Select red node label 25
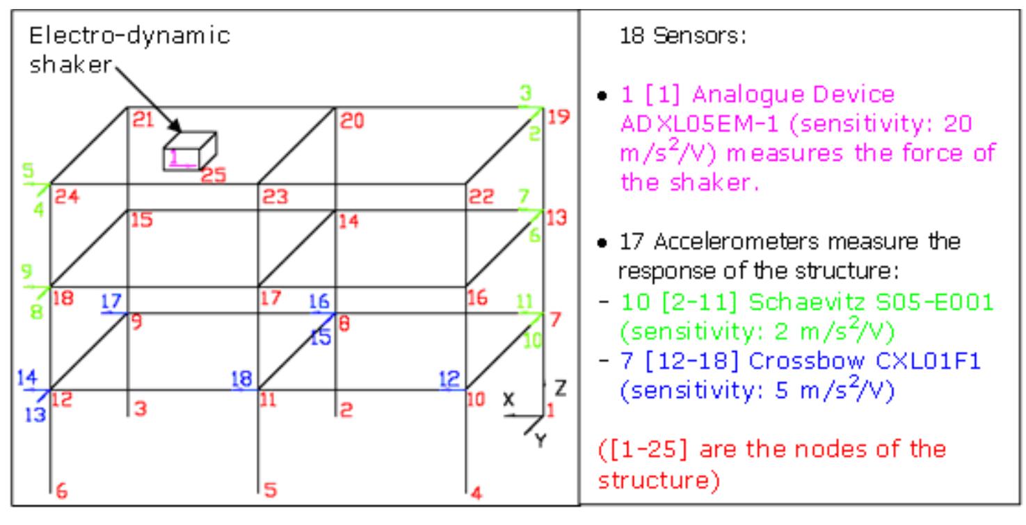[214, 177]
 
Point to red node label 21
[143, 120]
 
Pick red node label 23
[275, 198]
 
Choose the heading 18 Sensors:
[682, 36]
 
